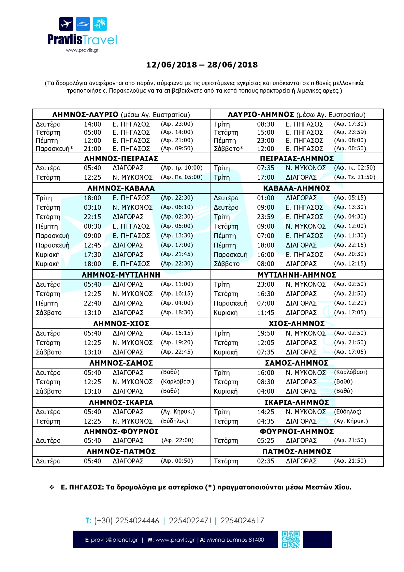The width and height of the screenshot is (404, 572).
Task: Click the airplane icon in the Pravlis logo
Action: (66, 24)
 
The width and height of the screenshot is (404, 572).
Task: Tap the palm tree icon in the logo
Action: (100, 24)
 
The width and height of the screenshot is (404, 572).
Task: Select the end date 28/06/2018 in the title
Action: (232, 65)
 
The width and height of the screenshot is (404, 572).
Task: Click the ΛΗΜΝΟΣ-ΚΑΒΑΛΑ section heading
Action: (121, 188)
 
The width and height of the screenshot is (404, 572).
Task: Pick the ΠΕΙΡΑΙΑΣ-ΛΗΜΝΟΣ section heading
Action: (297, 158)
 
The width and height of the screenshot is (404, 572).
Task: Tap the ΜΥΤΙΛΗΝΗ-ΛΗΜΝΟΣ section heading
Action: (297, 275)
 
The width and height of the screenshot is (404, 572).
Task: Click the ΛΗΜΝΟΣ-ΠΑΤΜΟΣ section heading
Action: (121, 451)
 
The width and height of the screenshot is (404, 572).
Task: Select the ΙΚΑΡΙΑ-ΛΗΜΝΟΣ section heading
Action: (297, 402)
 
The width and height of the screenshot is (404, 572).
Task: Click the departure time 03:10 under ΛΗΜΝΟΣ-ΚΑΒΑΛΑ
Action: (93, 207)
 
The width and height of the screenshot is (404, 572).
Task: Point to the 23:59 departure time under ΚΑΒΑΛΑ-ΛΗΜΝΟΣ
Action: (266, 217)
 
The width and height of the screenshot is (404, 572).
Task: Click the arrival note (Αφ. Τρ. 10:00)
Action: (181, 168)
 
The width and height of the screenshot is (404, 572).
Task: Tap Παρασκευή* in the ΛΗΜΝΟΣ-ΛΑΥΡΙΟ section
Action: (54, 149)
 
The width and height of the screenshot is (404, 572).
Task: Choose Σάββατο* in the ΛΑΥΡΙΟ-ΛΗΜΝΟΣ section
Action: (228, 149)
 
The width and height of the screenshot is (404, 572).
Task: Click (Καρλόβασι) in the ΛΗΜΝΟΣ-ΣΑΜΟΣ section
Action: (177, 382)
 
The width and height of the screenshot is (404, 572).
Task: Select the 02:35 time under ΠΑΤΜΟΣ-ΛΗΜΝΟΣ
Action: (266, 461)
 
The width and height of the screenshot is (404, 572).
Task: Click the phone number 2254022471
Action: (190, 520)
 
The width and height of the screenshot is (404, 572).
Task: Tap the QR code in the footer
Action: (291, 539)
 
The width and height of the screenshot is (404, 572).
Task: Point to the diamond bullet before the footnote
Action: (52, 487)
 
